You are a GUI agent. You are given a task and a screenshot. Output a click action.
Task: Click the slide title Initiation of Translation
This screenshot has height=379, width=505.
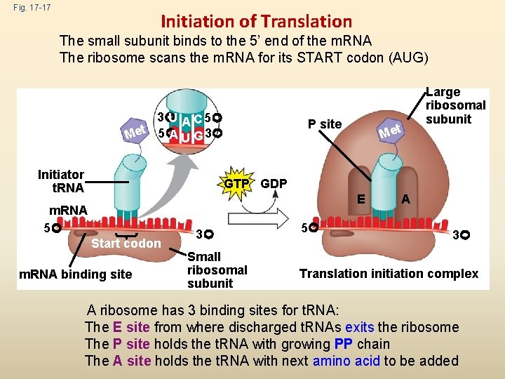256,22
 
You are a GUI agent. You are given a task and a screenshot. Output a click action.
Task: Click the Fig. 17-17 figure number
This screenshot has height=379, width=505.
25,8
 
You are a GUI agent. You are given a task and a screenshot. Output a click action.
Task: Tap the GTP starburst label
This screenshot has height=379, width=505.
237,184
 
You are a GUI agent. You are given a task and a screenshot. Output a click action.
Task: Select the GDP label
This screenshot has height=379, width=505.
274,184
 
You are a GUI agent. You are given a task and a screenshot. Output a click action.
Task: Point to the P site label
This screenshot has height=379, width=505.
325,124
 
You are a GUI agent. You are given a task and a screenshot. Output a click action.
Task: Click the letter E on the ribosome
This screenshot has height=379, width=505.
359,199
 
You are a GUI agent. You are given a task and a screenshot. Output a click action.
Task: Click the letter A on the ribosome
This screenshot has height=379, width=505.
405,199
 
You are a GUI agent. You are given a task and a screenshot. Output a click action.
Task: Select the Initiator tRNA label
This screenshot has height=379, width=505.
61,181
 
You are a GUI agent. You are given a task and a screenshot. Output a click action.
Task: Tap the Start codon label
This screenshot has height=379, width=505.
126,244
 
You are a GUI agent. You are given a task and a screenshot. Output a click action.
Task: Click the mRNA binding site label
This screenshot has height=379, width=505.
76,274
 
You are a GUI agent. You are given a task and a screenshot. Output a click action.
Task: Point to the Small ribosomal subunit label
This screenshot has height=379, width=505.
217,270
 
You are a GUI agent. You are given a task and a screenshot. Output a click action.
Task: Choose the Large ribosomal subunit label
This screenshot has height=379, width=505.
455,105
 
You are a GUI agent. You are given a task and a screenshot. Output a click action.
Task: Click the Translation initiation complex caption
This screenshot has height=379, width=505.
389,274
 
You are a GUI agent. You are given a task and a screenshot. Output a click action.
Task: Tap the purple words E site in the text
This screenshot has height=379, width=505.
131,327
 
